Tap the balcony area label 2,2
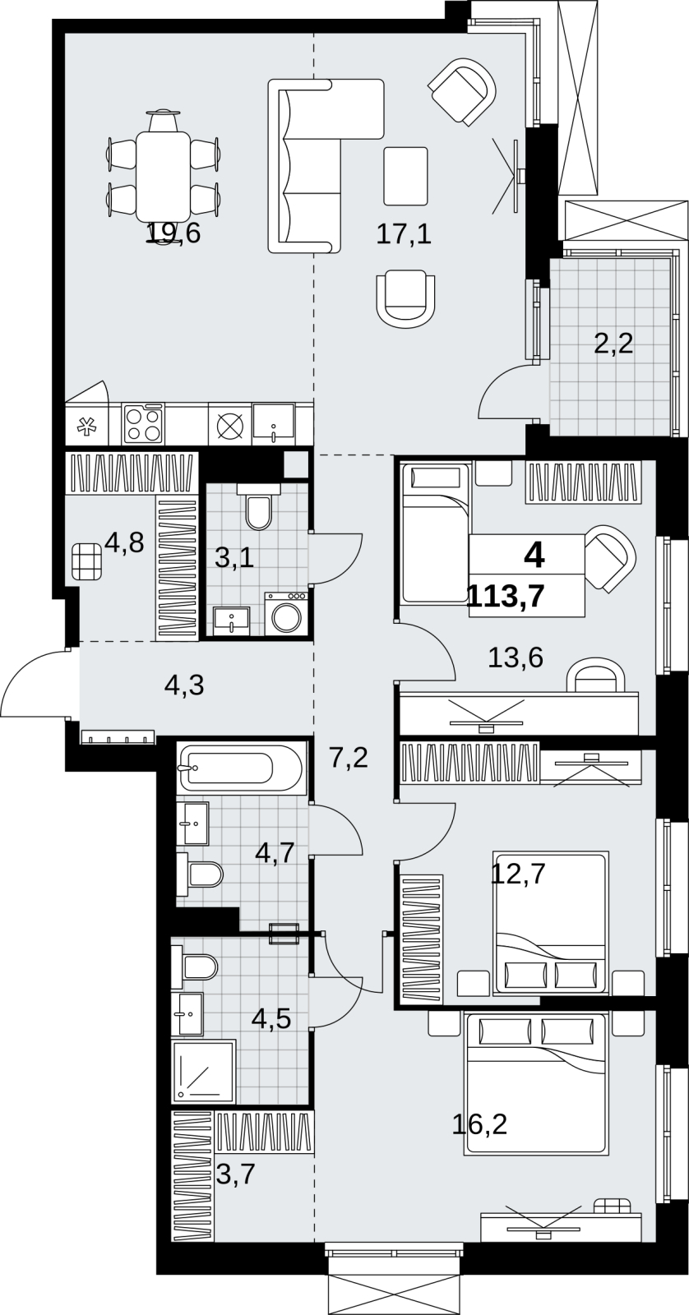[x=613, y=343]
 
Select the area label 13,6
[x=516, y=657]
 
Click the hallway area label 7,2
[x=349, y=758]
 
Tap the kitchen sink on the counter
[x=274, y=422]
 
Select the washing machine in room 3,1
[x=285, y=613]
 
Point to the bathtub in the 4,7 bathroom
[x=242, y=768]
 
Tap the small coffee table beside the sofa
[x=405, y=176]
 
